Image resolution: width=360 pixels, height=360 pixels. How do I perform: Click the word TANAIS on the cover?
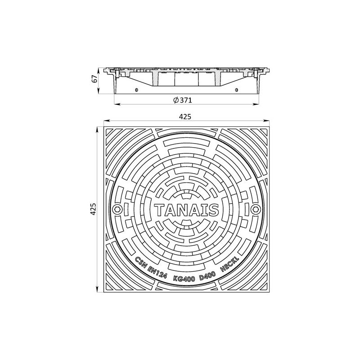(x=186, y=210)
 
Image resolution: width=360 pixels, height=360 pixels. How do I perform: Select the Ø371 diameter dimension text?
(x=183, y=100)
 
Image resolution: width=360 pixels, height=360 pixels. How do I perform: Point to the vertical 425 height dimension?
(x=93, y=209)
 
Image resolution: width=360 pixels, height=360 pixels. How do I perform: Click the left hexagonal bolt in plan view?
(x=117, y=209)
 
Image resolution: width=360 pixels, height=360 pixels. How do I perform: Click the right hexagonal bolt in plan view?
(x=255, y=209)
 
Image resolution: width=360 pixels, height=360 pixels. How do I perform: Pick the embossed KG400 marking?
(x=184, y=279)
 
